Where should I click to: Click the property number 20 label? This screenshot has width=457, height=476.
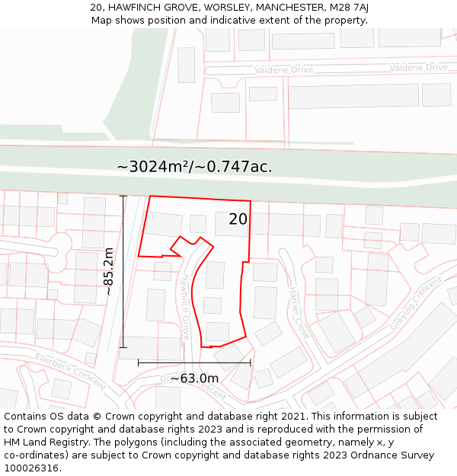click(238, 219)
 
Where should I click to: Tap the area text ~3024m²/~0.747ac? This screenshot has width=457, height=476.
click(194, 166)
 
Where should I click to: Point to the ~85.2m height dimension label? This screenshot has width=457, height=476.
click(109, 271)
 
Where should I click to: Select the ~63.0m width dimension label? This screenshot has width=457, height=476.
click(194, 379)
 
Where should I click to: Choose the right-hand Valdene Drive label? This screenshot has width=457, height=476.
click(418, 68)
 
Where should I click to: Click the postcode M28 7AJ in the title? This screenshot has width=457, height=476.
click(350, 7)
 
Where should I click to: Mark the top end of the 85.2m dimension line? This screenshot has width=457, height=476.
click(123, 196)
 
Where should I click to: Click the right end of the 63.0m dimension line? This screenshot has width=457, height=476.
click(250, 363)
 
